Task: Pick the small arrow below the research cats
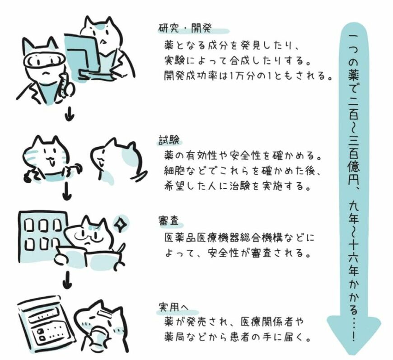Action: pyautogui.click(x=69, y=114)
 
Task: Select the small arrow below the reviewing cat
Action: pyautogui.click(x=67, y=280)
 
